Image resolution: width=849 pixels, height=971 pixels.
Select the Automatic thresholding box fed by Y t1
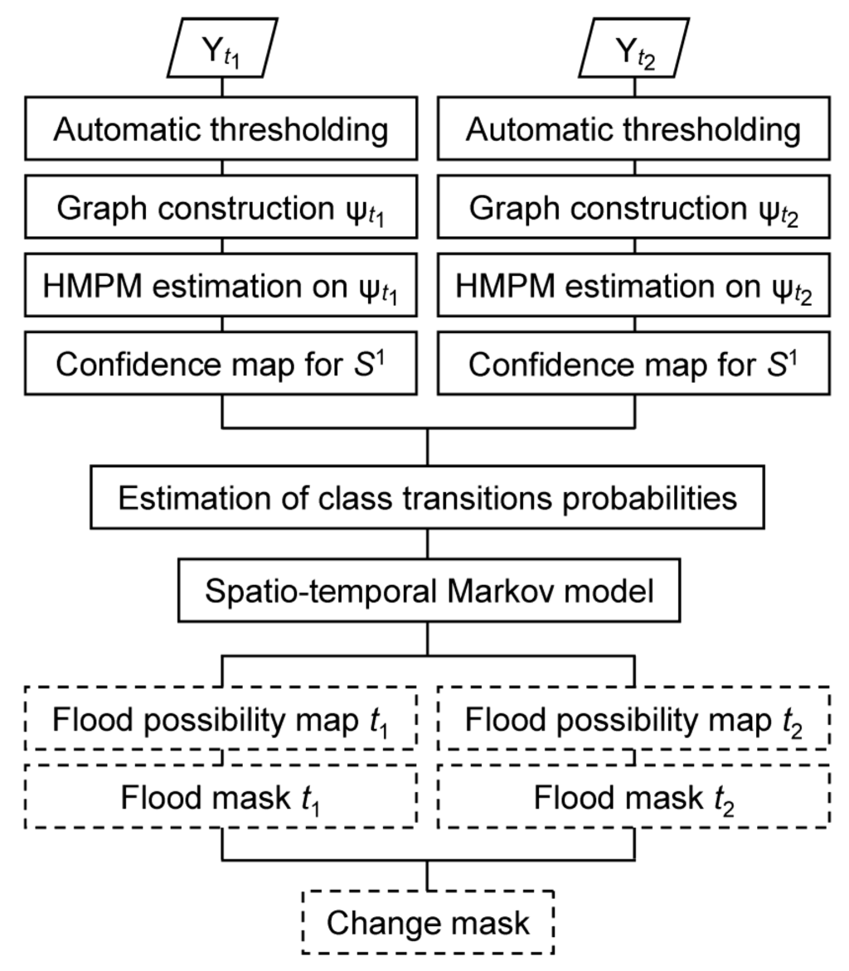click(x=221, y=128)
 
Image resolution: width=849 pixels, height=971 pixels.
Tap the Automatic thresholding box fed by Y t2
click(x=634, y=128)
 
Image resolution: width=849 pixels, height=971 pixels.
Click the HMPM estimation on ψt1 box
click(x=221, y=286)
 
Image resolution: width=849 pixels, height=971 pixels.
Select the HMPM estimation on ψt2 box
click(x=634, y=286)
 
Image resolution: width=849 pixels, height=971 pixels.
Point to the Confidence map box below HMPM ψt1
click(x=221, y=364)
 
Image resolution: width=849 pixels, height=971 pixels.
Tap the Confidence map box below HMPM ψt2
click(x=634, y=364)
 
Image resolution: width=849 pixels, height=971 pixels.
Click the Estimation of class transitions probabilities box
click(x=427, y=498)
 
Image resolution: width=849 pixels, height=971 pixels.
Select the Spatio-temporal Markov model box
click(x=429, y=591)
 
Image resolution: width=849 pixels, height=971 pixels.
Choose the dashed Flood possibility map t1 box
click(x=221, y=719)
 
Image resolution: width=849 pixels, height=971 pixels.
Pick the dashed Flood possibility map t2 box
click(x=634, y=719)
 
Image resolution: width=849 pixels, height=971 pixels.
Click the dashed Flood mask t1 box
click(x=221, y=797)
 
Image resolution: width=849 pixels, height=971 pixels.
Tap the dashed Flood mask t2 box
click(x=634, y=797)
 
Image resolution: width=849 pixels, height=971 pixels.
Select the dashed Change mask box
click(x=428, y=922)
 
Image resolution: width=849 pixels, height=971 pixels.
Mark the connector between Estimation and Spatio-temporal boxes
click(x=428, y=543)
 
